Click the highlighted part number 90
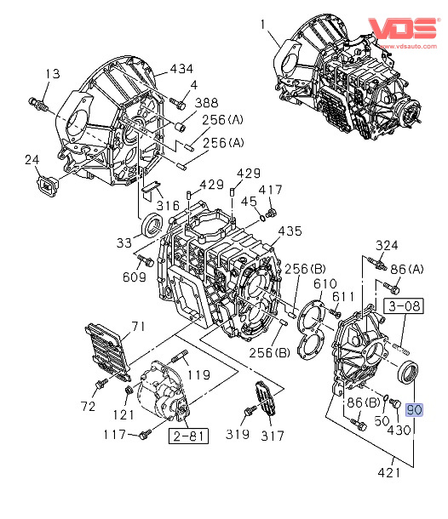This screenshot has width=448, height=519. pos(414,410)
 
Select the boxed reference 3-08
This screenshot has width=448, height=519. pos(404,305)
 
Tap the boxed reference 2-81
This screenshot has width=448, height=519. pos(188,436)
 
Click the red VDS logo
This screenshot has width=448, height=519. pos(403,28)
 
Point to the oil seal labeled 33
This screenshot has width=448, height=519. pos(152,225)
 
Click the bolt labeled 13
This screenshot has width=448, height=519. pos(38,105)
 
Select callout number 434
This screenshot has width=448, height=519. pos(181,69)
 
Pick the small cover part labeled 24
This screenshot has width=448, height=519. pos(47,187)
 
